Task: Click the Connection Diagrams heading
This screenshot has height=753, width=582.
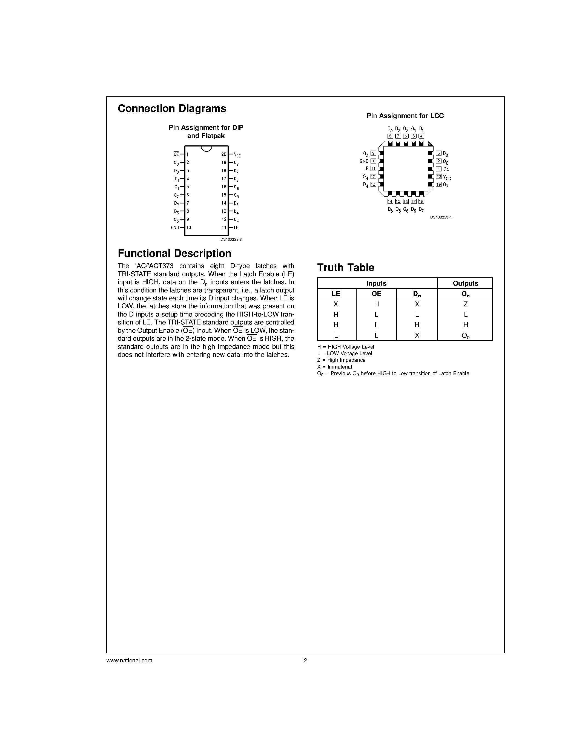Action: (172, 109)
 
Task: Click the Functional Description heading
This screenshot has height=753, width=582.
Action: (174, 253)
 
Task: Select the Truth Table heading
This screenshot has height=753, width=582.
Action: (345, 268)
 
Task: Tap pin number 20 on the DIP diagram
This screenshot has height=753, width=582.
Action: (224, 154)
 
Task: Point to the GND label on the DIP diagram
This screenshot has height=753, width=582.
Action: (175, 228)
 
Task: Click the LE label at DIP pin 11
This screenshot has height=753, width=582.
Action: (236, 228)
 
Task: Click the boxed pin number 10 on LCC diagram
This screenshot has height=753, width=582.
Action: (373, 161)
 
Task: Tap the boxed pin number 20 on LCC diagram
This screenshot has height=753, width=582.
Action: (438, 177)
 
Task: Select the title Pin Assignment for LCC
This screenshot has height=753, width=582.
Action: (405, 116)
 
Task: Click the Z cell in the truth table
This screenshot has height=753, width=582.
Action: (465, 304)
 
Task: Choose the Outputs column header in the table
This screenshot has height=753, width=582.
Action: (465, 283)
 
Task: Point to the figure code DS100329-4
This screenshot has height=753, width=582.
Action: (441, 217)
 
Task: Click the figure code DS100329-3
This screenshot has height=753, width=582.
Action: (231, 239)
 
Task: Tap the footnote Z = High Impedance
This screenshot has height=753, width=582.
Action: (341, 360)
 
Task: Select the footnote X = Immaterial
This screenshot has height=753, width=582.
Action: (334, 367)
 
